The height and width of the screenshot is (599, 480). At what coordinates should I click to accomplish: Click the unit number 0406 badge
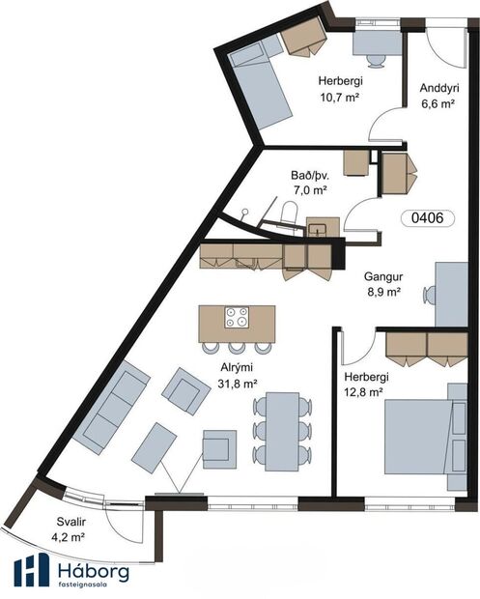pos(428,218)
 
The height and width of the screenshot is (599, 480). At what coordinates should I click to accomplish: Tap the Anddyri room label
pos(439,88)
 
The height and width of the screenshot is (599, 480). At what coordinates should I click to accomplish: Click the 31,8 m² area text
pos(237,384)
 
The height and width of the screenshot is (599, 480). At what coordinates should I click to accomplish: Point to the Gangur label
pos(383,276)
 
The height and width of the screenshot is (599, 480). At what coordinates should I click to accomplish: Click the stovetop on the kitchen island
pos(237,317)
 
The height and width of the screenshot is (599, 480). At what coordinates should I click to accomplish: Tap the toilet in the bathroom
pos(289,212)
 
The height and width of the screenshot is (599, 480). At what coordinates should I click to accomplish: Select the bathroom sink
pos(318,229)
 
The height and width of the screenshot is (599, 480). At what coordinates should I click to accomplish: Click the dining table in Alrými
pos(282,431)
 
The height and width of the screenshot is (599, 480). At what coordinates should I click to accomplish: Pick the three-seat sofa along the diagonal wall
pos(111,407)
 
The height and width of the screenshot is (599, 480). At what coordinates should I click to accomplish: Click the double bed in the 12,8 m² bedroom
pos(419,437)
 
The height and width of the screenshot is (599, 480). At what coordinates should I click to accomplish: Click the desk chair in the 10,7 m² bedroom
pos(376,60)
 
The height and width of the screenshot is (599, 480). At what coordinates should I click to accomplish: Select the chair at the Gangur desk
pos(429,295)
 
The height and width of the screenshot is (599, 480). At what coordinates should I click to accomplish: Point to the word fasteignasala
pos(82,585)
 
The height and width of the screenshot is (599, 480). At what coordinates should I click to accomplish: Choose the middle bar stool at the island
pos(237,347)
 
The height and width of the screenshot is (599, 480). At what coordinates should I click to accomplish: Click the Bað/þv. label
pos(310,175)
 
